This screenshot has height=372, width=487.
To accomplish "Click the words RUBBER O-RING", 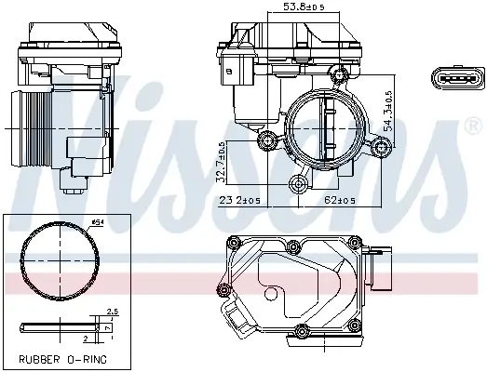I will coord(61,358).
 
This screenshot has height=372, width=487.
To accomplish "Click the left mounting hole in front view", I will coord(270,140).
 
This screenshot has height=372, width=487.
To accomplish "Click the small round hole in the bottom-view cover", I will coord(271,295).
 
